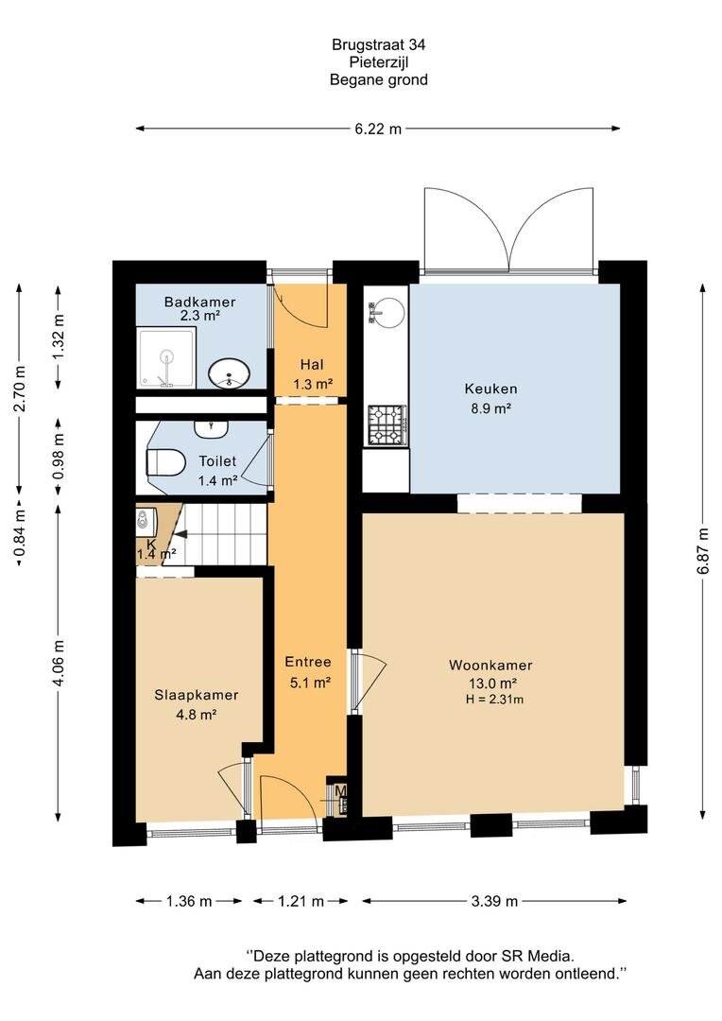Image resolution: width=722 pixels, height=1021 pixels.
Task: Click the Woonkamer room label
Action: click(490, 666)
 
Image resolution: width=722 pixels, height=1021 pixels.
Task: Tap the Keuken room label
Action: click(490, 389)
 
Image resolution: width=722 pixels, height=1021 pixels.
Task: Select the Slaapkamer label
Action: click(196, 695)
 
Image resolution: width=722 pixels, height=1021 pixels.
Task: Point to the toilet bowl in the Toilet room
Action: click(165, 462)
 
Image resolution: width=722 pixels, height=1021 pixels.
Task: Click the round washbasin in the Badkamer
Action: click(229, 373)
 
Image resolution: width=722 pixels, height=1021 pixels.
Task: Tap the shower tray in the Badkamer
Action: click(166, 357)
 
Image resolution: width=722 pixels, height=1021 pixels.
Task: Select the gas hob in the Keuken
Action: click(387, 425)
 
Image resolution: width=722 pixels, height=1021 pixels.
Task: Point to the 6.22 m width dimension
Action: click(378, 129)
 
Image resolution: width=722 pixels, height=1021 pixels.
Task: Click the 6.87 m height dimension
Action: click(702, 551)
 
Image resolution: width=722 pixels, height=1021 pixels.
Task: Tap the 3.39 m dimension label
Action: click(494, 901)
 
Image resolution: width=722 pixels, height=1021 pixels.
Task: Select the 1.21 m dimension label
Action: click(301, 901)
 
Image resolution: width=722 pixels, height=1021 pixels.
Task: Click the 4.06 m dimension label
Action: click(59, 662)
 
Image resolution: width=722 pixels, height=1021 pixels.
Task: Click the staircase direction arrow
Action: click(180, 534)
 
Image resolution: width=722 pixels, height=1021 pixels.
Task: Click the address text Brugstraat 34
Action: click(378, 45)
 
